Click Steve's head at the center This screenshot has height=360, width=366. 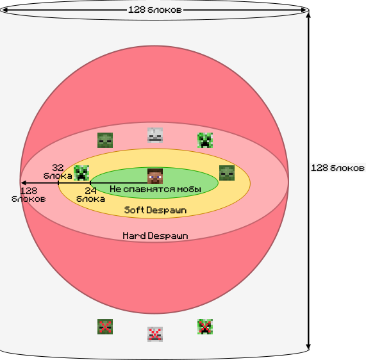pos(155,176)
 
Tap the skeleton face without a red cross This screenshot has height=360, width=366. pos(155,135)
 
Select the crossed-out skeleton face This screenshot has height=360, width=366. pos(155,334)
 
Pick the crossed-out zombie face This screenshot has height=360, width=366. pos(105,327)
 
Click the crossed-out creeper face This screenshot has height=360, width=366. pos(205,327)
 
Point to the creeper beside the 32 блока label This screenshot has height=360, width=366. pos(81,173)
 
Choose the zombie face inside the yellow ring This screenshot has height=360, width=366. pos(227,173)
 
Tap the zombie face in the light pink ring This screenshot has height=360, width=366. pos(105,140)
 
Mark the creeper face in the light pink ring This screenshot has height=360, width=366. pos(205,140)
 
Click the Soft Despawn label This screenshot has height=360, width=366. pos(156,210)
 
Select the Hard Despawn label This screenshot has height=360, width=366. pos(156,236)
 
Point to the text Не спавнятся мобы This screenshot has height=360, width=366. pos(156,189)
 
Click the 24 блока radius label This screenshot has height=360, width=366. pos(90,195)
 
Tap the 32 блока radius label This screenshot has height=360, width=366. pos(58,172)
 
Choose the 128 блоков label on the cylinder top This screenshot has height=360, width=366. pos(155,10)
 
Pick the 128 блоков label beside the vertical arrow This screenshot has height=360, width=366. pos(338,168)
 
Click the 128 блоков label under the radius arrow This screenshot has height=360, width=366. pos(28,195)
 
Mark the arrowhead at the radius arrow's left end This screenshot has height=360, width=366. pos(22,183)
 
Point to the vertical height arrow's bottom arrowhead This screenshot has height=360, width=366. pos(308,348)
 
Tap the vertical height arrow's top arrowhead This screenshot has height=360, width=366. pos(308,14)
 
